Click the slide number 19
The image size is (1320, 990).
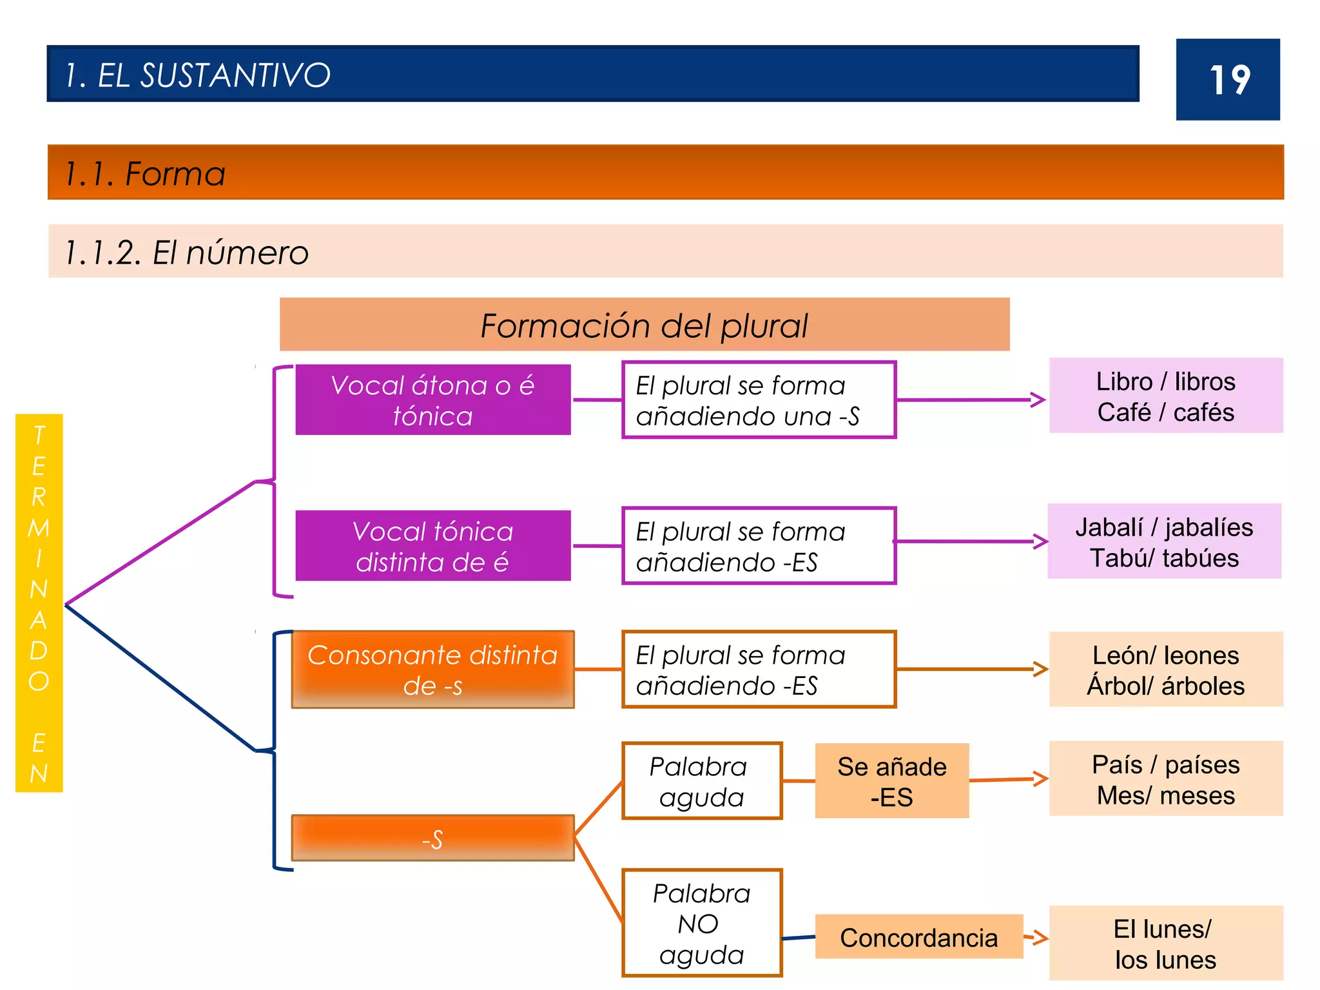point(1228,80)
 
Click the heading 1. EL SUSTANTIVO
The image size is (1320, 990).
point(197,75)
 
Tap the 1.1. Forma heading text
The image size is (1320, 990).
point(145,173)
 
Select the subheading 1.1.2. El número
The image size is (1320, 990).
point(186,252)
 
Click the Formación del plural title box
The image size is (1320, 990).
point(644,325)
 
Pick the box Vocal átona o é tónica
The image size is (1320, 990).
point(432,400)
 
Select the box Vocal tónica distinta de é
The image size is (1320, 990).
point(432,546)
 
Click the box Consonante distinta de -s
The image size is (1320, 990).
point(432,670)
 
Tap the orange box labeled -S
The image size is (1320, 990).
point(432,839)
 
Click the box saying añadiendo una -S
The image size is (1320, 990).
point(759,400)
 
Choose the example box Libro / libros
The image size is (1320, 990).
point(1165,396)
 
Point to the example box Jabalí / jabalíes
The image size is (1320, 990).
point(1164,541)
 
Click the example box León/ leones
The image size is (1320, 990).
point(1165,670)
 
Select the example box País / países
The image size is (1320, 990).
point(1165,779)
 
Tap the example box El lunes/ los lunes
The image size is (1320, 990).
point(1165,944)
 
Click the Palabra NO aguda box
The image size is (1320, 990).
point(702,923)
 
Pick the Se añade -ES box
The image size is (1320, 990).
point(891,781)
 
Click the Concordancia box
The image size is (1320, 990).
point(918,937)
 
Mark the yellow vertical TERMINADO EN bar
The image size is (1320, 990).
point(39,603)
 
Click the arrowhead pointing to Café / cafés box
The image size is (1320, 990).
point(1038,400)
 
